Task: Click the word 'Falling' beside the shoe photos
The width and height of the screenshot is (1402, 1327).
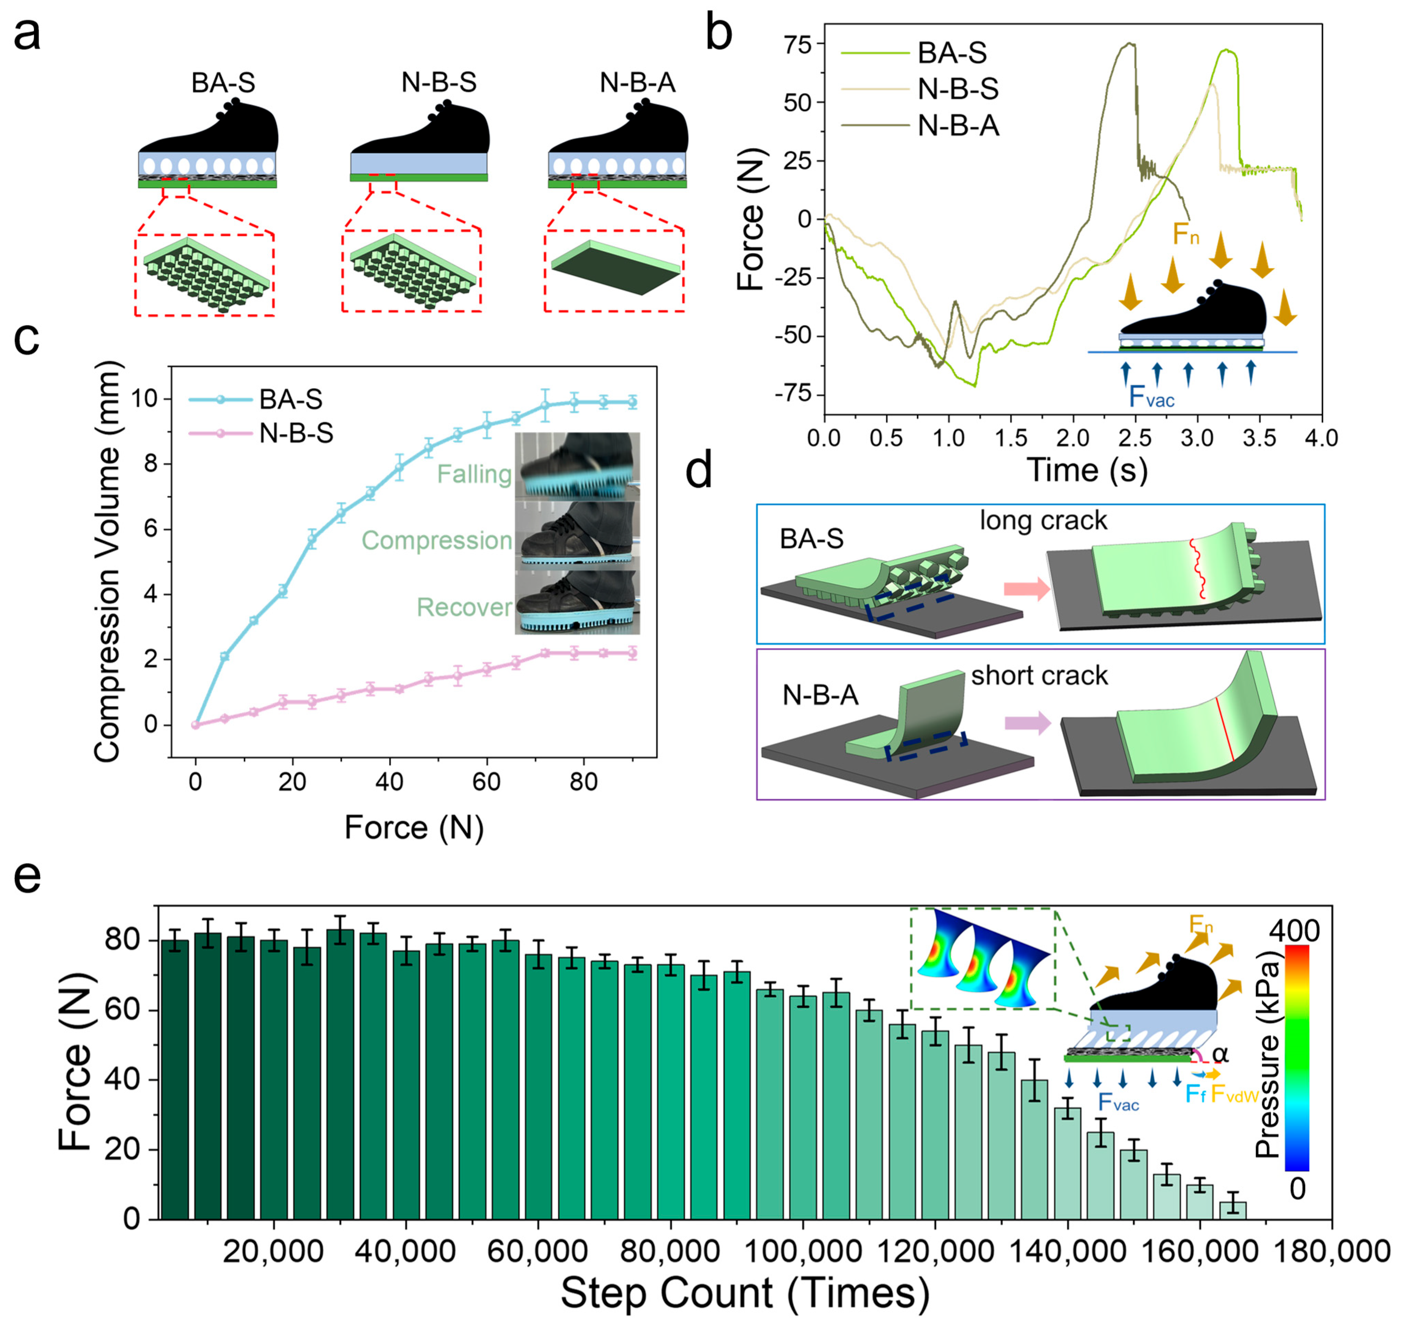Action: tap(474, 474)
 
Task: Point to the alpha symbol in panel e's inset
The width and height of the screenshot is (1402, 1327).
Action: tap(1220, 1055)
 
